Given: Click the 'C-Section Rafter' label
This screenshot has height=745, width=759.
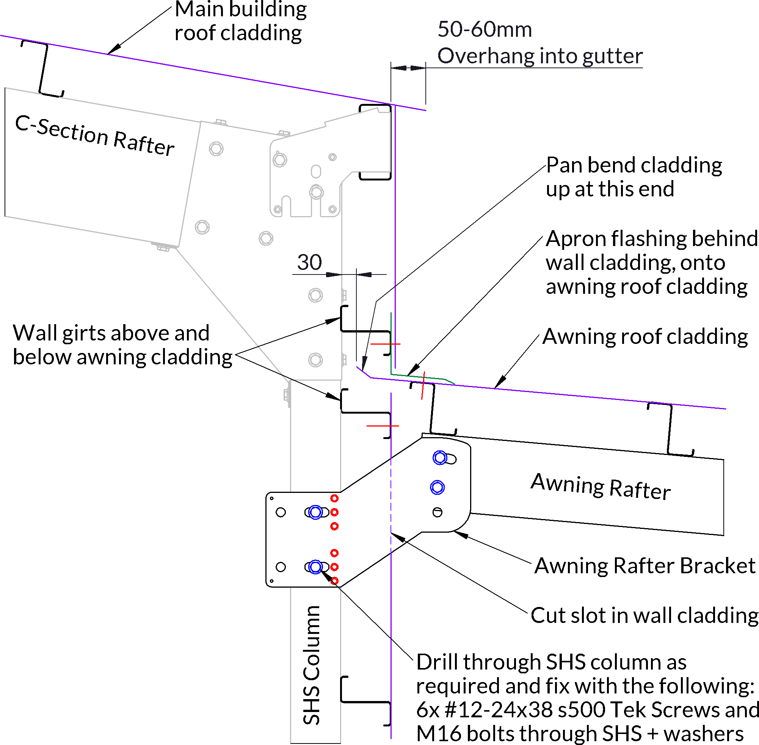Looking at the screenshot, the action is tap(95, 135).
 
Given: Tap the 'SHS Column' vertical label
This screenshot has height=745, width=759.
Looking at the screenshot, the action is tap(312, 665).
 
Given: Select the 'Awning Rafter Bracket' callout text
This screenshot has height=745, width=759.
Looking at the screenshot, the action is tap(645, 566).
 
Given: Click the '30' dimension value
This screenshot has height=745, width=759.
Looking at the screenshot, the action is tap(309, 262).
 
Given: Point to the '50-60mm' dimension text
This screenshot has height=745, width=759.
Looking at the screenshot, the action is tap(485, 29).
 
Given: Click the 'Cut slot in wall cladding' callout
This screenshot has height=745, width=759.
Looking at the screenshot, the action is tap(645, 615).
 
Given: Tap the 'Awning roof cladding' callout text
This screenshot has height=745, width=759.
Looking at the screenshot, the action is tap(645, 337).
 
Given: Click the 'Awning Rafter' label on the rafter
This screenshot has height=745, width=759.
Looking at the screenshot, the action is tap(601, 486).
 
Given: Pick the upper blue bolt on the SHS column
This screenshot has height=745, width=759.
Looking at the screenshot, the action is tap(315, 512).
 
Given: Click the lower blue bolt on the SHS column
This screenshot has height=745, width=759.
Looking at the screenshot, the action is tap(315, 567).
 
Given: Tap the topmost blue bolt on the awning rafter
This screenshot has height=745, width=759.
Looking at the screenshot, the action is tap(440, 457).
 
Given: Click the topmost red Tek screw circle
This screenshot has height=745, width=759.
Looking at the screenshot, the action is tap(334, 498).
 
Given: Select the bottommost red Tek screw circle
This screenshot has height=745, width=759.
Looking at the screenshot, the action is tap(334, 581).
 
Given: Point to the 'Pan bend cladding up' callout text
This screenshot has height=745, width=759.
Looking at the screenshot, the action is tap(634, 177).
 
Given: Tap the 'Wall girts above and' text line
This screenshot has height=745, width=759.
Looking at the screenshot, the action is tap(111, 333).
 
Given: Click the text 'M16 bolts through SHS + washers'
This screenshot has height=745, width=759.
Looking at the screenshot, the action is tap(580, 734).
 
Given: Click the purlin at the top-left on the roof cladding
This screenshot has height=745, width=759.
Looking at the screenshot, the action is tap(43, 69).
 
